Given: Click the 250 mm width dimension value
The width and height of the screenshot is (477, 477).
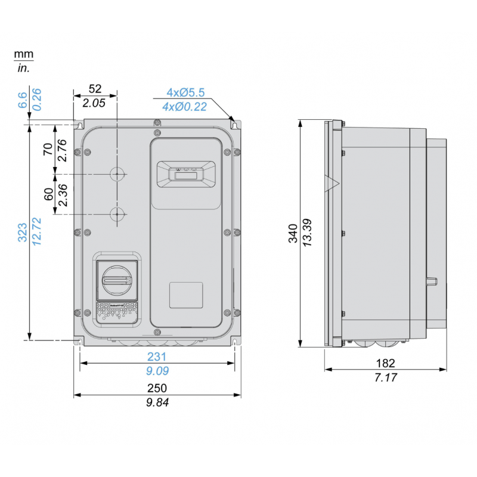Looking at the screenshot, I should click(x=157, y=388).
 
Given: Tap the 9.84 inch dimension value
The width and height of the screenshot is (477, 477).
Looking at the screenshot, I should click(x=157, y=402).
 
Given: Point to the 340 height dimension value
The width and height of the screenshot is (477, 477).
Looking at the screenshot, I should click(x=292, y=233).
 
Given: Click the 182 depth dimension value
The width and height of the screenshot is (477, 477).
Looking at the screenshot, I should click(x=386, y=363).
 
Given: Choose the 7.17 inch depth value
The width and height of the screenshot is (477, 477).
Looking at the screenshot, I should click(x=386, y=377).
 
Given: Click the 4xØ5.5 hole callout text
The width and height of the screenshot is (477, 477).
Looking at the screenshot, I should click(x=185, y=92).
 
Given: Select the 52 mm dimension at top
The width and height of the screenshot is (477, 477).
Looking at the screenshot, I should click(x=95, y=89).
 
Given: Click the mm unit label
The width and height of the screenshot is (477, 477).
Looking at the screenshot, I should click(x=24, y=55).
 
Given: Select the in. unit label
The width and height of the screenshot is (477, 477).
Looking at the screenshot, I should click(x=24, y=68).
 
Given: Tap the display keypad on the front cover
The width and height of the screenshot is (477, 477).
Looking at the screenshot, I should click(x=185, y=174).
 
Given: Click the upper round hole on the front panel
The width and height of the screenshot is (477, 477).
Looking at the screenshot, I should click(x=117, y=174).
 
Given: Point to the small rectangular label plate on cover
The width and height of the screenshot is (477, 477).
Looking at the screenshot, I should click(x=185, y=294).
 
